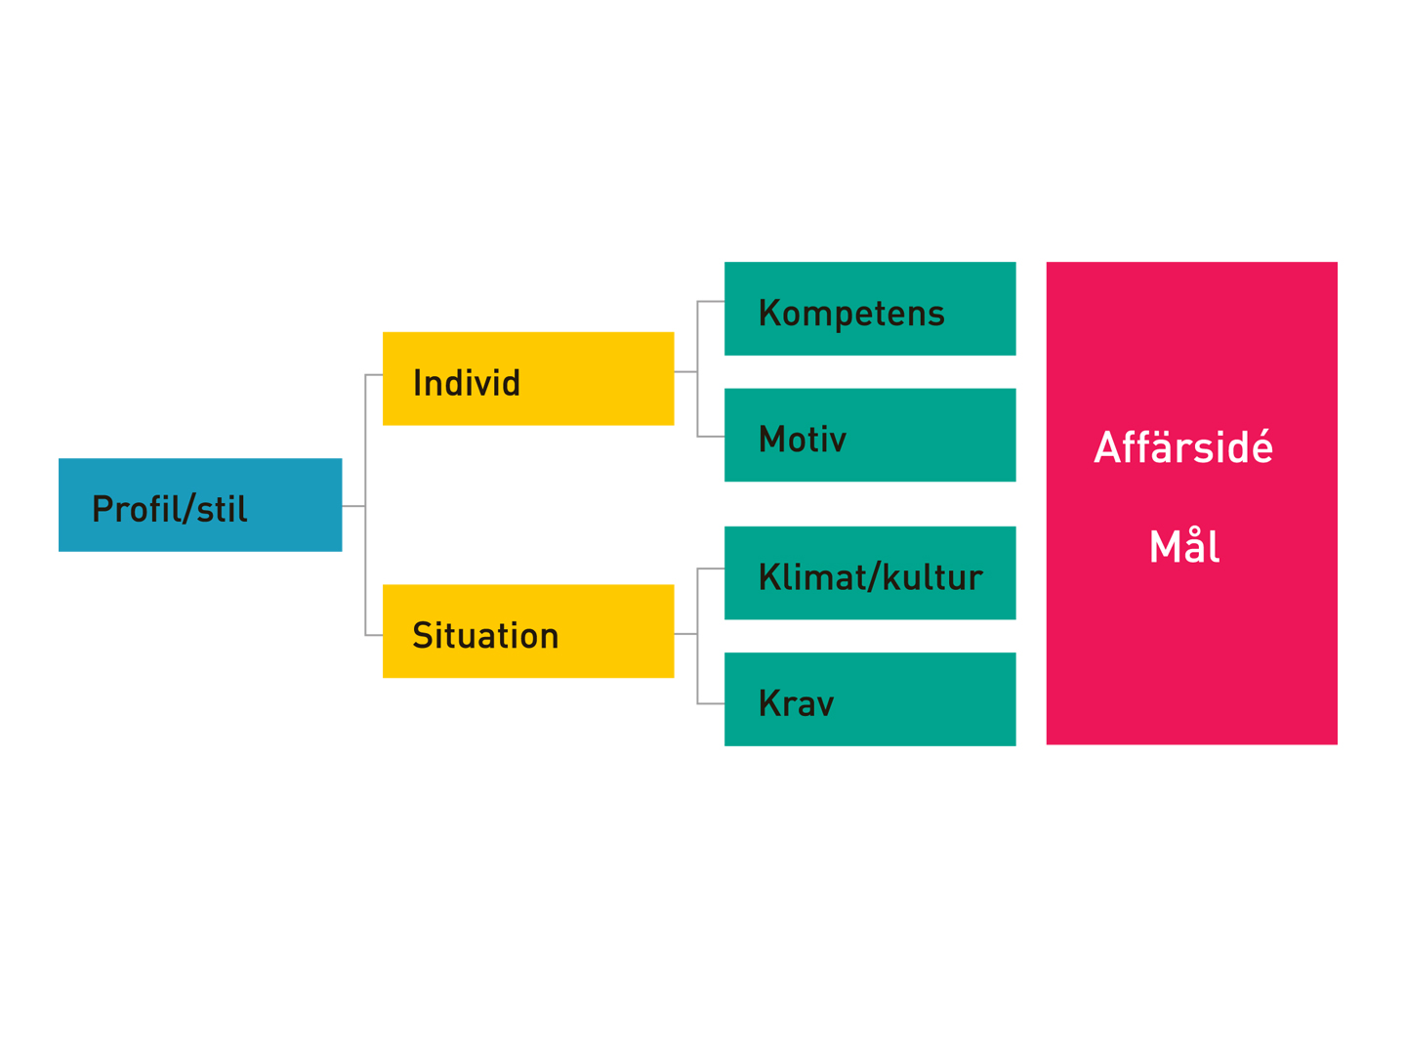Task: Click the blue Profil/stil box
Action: tap(200, 505)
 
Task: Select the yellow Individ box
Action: tap(528, 379)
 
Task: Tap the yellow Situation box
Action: tap(528, 631)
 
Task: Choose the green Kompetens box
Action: tap(869, 308)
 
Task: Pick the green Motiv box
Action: tap(869, 435)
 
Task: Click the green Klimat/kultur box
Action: tap(869, 572)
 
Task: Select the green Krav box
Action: tap(869, 698)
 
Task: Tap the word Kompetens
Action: tap(850, 314)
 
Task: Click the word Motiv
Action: tap(802, 439)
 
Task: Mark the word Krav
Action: tap(796, 702)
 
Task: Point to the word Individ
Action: tap(467, 382)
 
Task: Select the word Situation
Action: tap(485, 635)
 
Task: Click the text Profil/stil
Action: tap(169, 509)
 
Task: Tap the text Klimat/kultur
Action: tap(870, 576)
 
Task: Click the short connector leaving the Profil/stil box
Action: tap(353, 506)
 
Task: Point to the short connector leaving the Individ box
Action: tap(685, 371)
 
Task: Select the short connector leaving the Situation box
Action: tap(685, 634)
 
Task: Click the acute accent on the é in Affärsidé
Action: tap(1261, 433)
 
